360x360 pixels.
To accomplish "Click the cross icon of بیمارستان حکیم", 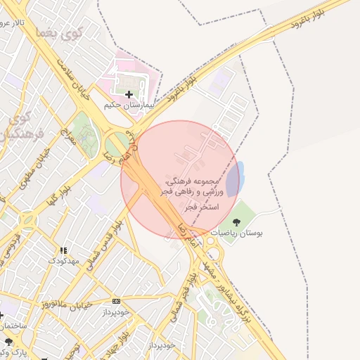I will pyautogui.click(x=129, y=94).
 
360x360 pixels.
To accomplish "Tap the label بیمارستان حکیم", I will pyautogui.click(x=128, y=105).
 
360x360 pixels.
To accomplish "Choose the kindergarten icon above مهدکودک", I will pyautogui.click(x=64, y=250).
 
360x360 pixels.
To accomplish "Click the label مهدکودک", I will pyautogui.click(x=63, y=260).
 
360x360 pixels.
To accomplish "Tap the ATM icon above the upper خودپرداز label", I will pyautogui.click(x=116, y=301).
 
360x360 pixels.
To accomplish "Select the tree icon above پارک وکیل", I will pyautogui.click(x=8, y=342).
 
